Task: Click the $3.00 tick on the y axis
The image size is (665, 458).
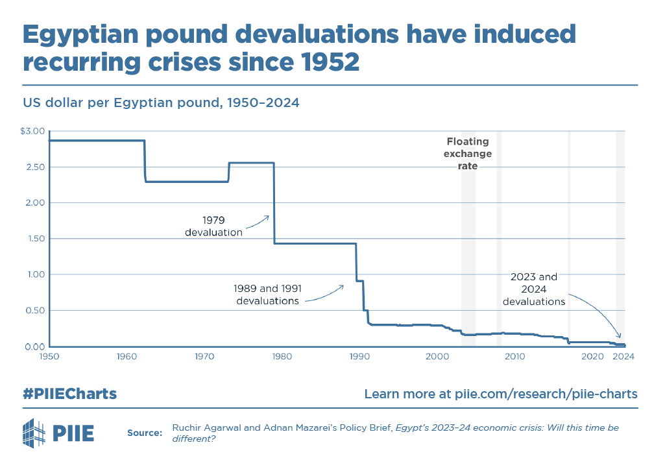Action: click(x=32, y=132)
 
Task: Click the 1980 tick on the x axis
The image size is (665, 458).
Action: click(x=282, y=356)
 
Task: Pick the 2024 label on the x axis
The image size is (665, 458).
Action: click(x=623, y=356)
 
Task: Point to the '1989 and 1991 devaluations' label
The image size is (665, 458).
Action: click(x=267, y=295)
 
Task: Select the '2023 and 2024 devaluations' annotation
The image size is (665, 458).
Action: click(x=534, y=289)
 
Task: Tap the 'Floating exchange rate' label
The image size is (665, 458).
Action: click(x=468, y=154)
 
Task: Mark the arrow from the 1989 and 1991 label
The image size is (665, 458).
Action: click(x=324, y=293)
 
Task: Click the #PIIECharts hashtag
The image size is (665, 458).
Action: click(x=70, y=394)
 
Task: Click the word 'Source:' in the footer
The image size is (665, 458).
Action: click(x=145, y=433)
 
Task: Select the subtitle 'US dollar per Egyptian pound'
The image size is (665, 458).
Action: click(x=120, y=102)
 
